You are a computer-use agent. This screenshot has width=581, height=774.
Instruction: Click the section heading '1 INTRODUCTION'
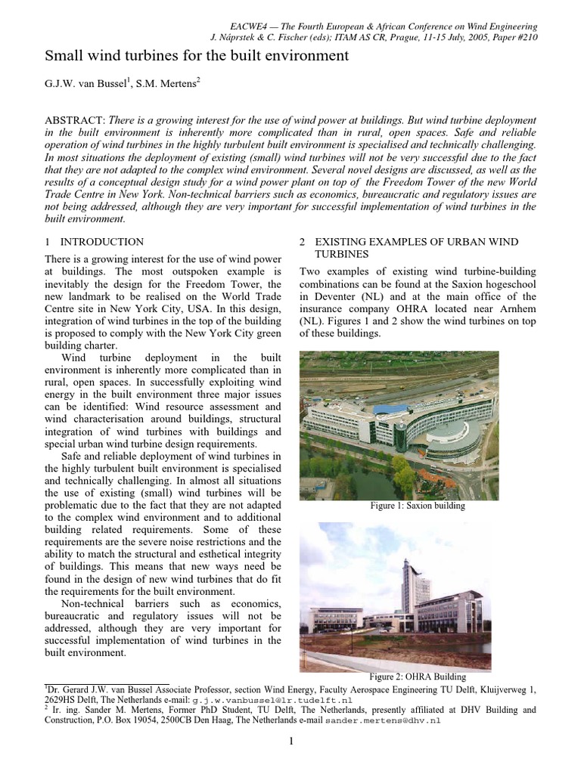point(95,242)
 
